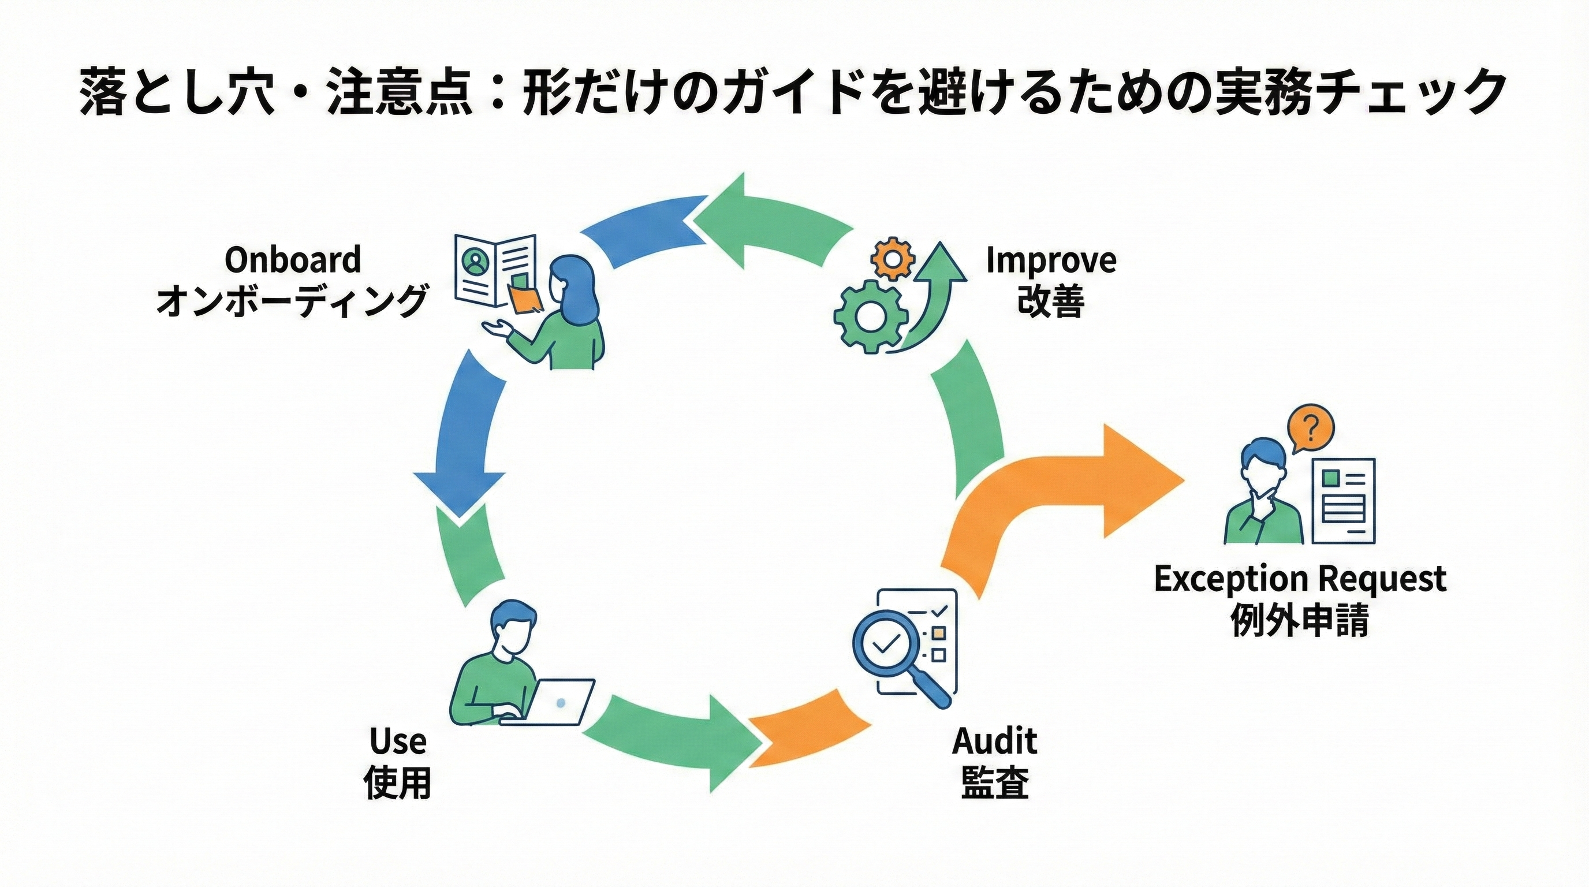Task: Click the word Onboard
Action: (x=292, y=260)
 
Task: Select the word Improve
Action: (x=1050, y=260)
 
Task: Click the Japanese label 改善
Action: (x=1050, y=301)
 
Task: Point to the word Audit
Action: (x=994, y=741)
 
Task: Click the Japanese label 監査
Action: (x=994, y=782)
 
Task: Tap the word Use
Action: (x=398, y=741)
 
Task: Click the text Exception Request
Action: (x=1300, y=579)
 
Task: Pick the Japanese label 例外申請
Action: (x=1300, y=620)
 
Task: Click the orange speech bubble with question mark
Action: (x=1310, y=427)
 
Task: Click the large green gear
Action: (x=870, y=316)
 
